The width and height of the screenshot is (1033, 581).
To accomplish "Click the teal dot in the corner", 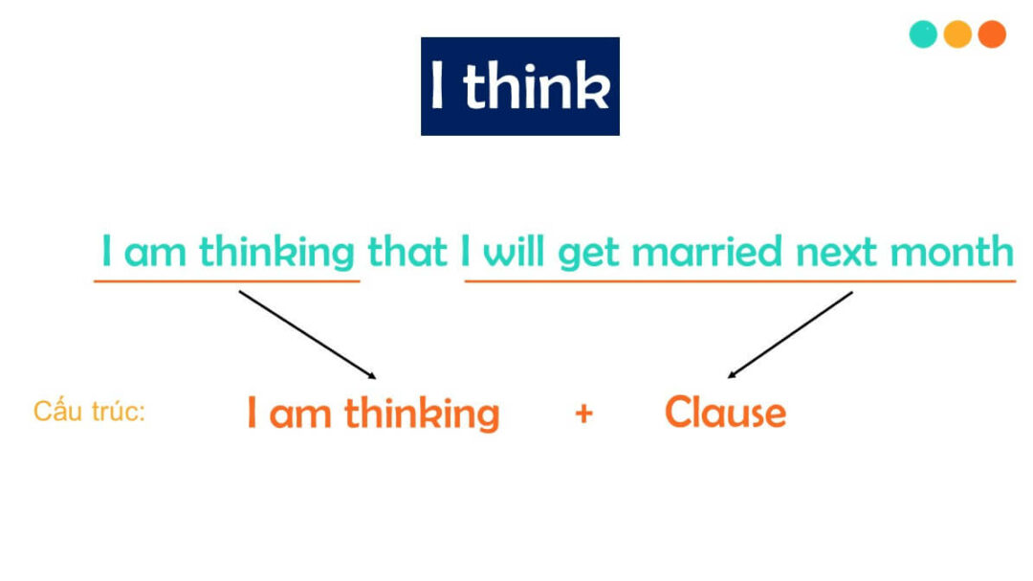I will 923,34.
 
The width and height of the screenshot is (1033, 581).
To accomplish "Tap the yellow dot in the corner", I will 957,34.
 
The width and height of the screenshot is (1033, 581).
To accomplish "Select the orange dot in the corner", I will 992,34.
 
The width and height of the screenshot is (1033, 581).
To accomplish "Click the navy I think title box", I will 519,86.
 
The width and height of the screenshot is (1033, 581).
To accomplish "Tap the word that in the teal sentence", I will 407,252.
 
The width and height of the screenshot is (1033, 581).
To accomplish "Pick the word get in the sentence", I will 589,254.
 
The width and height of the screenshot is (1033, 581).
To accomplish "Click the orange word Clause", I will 725,413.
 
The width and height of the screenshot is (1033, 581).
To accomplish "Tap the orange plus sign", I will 583,413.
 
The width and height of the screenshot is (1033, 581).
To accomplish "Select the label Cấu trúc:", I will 89,412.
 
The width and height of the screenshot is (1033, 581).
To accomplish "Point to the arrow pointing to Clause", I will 790,334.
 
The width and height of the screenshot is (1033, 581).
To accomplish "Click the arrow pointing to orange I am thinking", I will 306,334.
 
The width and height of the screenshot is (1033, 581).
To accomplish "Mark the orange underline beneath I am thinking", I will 227,281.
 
